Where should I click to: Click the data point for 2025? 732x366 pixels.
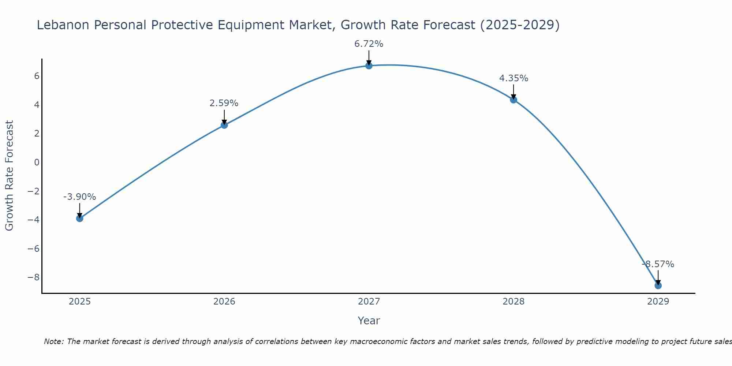coord(80,219)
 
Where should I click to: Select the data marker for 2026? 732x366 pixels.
coord(224,125)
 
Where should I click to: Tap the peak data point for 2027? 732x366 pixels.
coord(369,66)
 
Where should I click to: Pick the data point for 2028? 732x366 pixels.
coord(513,100)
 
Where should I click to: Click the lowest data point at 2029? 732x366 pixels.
coord(658,285)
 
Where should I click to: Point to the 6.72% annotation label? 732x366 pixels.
coord(369,44)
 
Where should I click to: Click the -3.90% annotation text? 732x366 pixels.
coord(80,197)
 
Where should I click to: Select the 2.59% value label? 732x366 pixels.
coord(224,103)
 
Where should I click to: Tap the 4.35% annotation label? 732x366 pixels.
coord(513,78)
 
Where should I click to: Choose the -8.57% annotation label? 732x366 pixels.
coord(658,264)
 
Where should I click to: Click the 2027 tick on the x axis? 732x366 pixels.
coord(369,302)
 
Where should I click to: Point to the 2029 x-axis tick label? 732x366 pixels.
coord(658,302)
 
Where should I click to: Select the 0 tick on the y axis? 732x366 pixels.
coord(37,163)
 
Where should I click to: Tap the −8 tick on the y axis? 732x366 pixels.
coord(33,277)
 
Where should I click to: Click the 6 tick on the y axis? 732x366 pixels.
coord(37,76)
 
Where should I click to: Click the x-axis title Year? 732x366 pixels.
coord(369,321)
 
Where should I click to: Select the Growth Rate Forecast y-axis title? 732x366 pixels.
coord(10,176)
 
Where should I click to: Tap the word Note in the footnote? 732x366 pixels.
coord(53,341)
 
